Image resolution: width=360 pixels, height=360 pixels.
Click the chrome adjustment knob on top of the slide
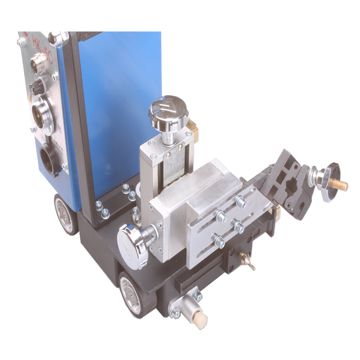click(x=168, y=109)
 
